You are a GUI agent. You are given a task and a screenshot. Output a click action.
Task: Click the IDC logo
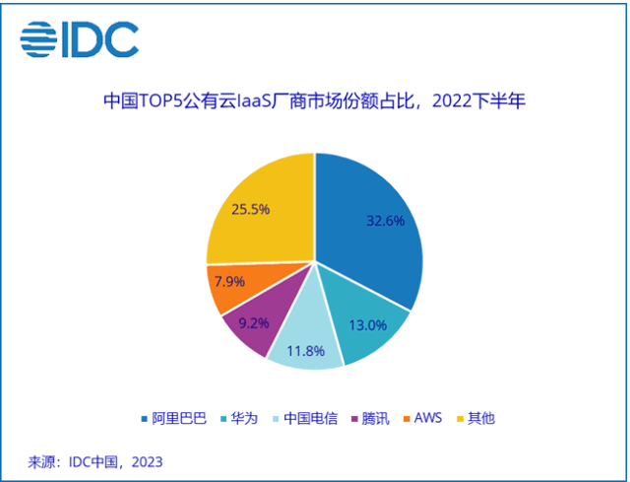(x=80, y=38)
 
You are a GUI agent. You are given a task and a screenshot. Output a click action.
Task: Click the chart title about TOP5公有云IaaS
(x=314, y=102)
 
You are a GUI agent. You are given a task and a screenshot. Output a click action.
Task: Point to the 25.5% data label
(x=251, y=209)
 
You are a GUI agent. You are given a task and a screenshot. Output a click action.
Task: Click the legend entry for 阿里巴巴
(x=173, y=418)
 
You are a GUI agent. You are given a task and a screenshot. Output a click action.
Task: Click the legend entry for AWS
(x=423, y=418)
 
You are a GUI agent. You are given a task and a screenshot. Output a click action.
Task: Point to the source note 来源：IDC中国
(x=94, y=461)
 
